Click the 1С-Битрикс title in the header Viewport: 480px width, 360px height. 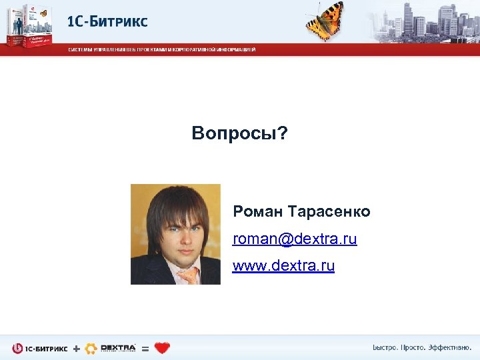(x=107, y=21)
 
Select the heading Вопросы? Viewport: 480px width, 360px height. (x=240, y=134)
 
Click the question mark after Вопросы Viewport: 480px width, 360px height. (x=284, y=134)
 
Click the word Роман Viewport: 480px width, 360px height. (x=258, y=212)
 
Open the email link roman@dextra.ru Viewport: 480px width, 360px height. (x=295, y=239)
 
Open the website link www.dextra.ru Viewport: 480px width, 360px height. (x=283, y=266)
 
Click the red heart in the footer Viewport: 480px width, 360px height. (x=161, y=348)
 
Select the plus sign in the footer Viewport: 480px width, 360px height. (x=76, y=348)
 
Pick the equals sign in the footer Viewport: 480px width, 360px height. (x=145, y=349)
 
